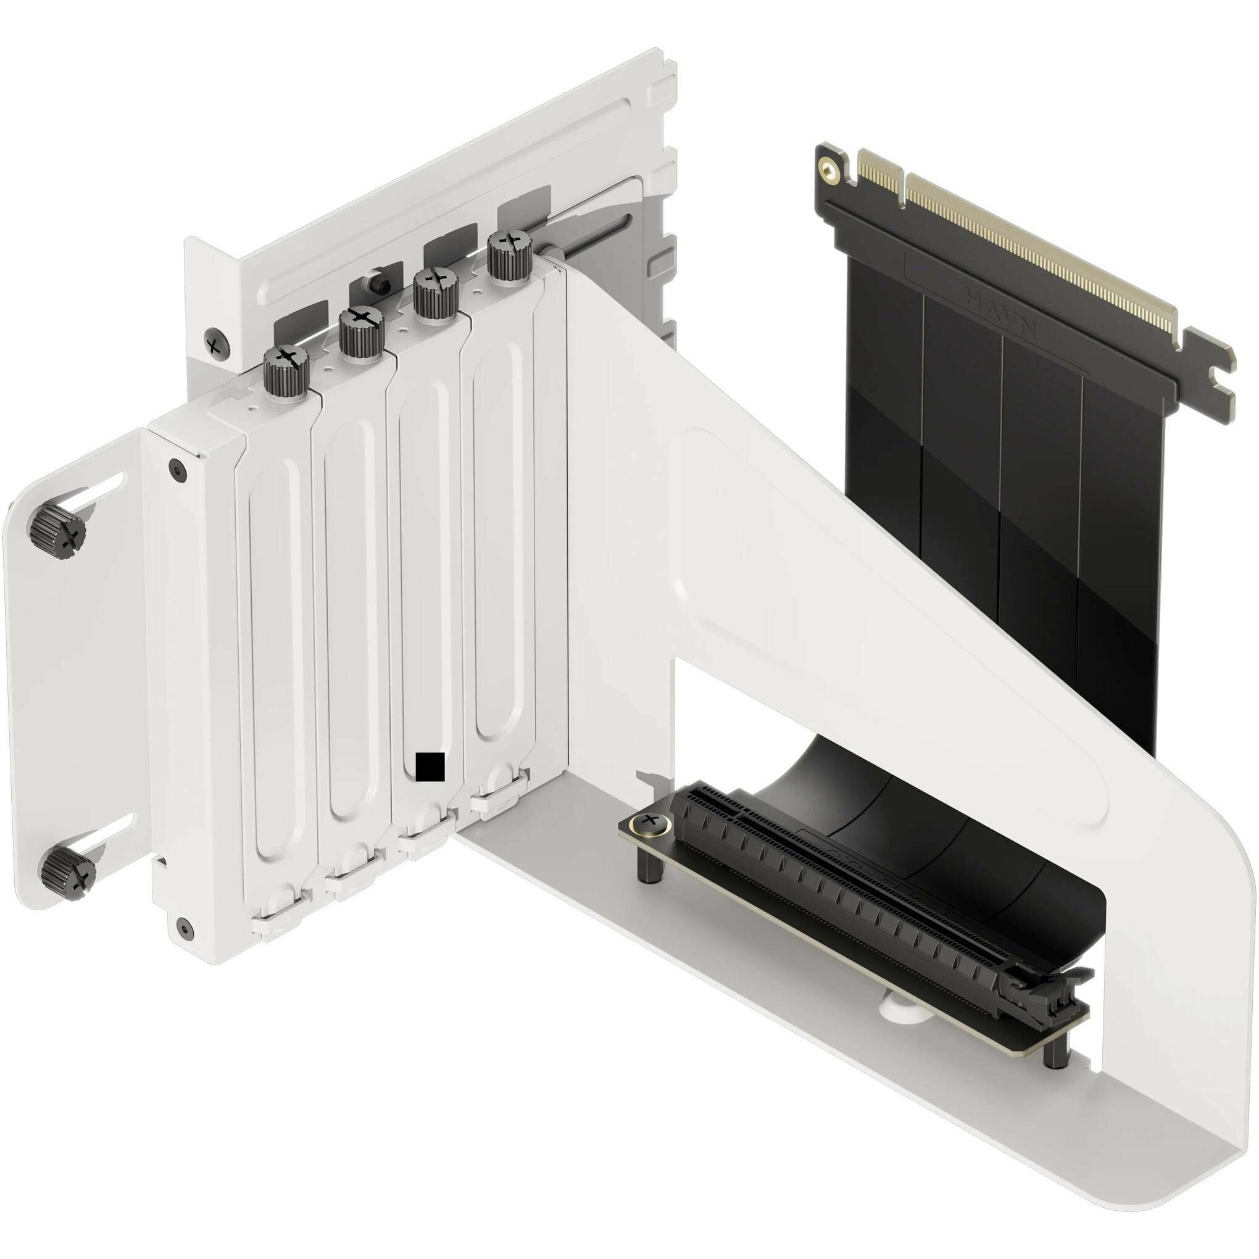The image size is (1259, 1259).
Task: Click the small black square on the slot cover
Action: [430, 767]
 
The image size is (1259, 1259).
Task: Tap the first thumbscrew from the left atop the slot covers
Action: [286, 372]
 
